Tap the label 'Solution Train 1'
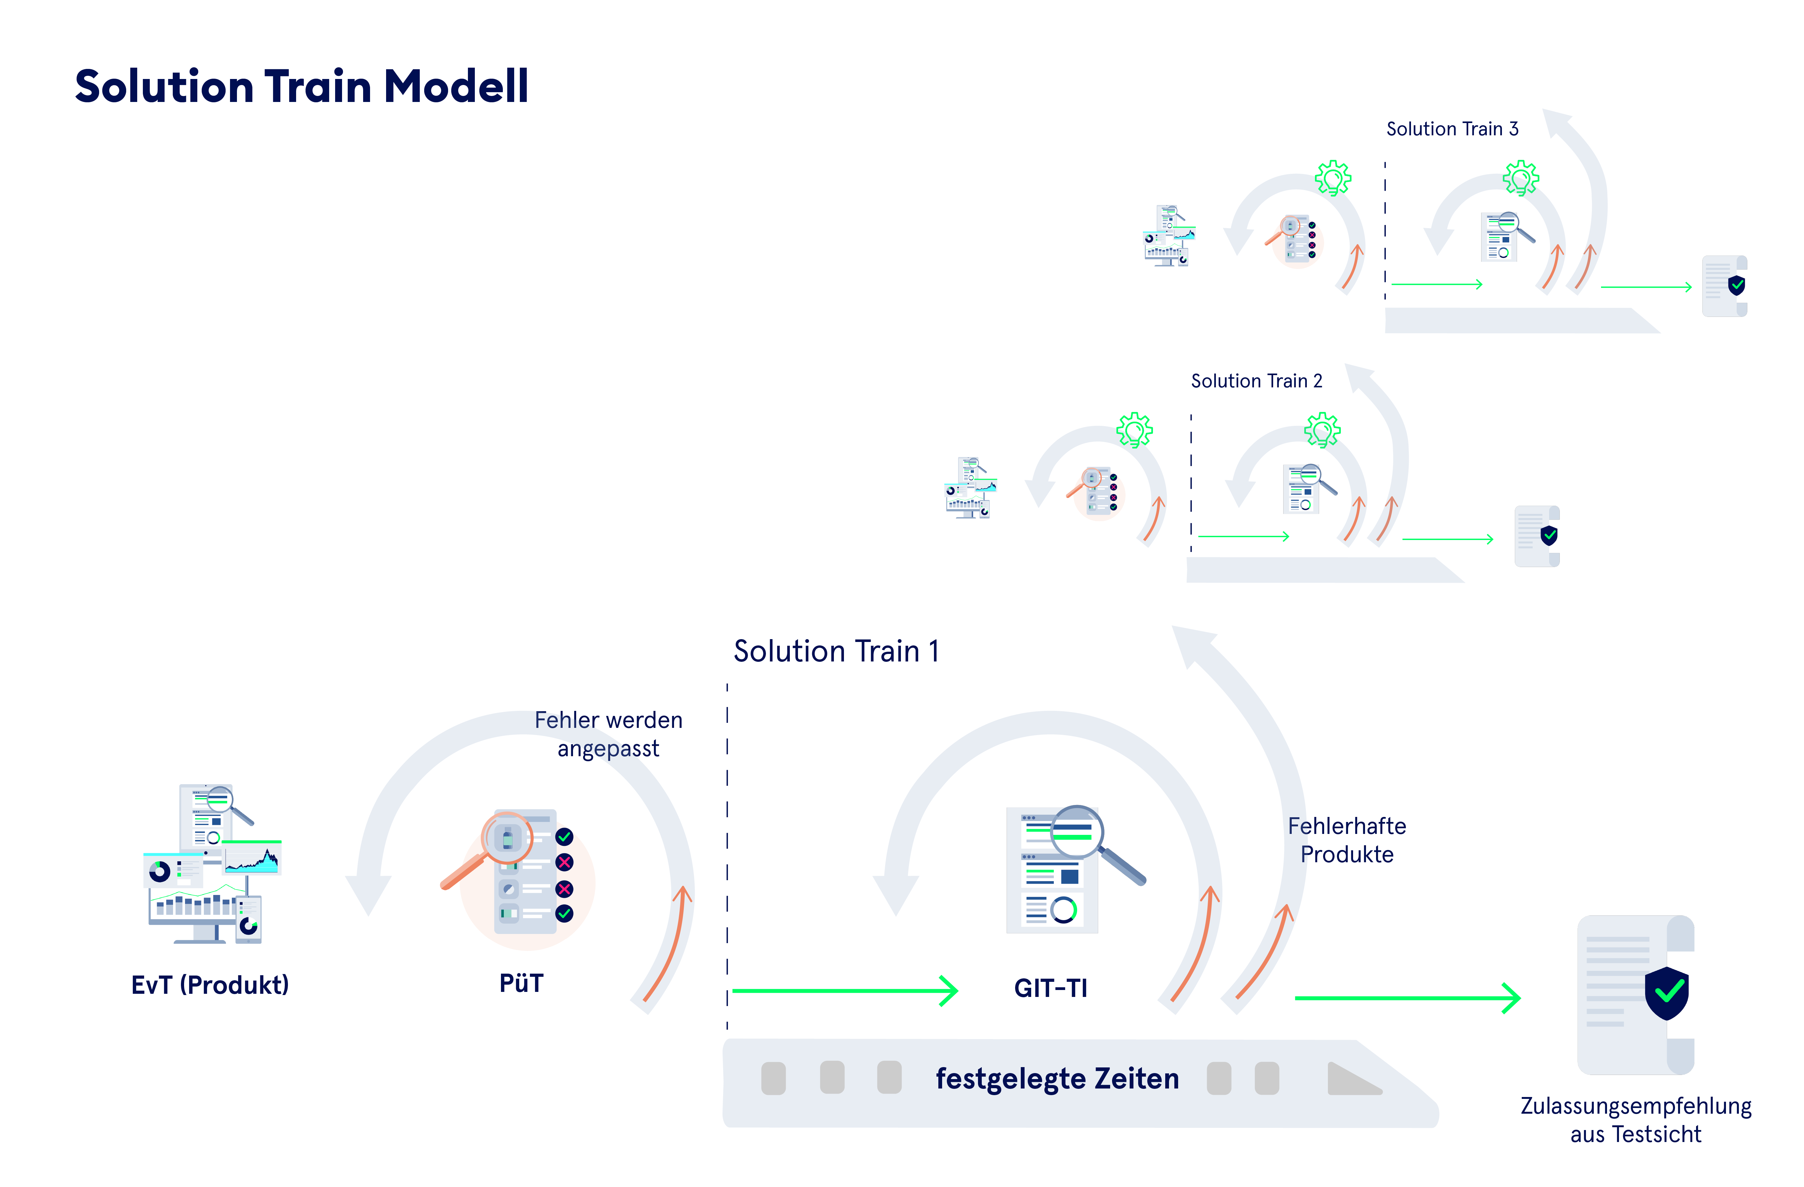[836, 651]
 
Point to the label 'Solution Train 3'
[1452, 129]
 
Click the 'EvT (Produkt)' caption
[210, 985]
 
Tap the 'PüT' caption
[521, 983]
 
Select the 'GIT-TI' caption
[1051, 988]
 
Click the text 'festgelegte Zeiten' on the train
[1057, 1079]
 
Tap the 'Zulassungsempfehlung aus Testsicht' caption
[1635, 1120]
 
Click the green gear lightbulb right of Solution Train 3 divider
[1520, 179]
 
